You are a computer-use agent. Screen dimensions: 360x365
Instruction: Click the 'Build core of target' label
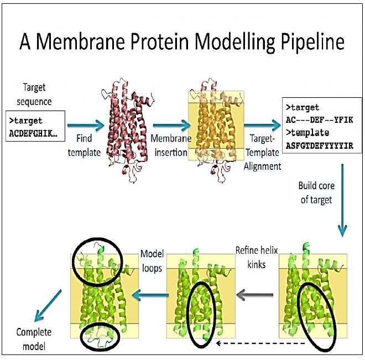(x=316, y=192)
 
